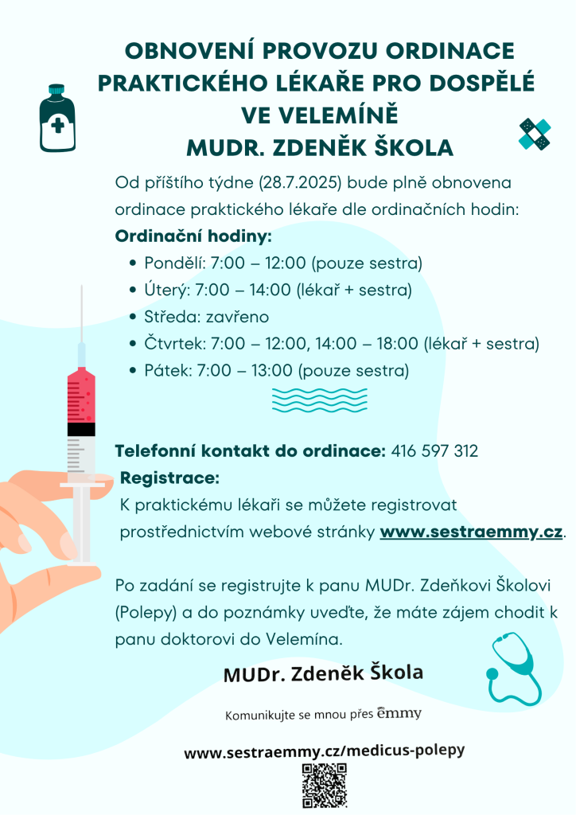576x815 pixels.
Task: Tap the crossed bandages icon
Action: click(535, 134)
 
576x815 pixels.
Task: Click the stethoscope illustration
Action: click(513, 669)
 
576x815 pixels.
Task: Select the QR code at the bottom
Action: click(325, 786)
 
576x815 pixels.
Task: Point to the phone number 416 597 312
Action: click(435, 451)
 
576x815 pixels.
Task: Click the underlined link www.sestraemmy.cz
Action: click(472, 532)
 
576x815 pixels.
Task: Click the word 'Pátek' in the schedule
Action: click(165, 371)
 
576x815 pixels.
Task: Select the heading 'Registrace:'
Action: click(169, 478)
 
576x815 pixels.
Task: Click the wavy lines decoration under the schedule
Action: click(320, 400)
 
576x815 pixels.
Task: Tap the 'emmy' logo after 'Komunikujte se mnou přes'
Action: click(399, 712)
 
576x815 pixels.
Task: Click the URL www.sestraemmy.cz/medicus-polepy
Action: click(324, 751)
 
